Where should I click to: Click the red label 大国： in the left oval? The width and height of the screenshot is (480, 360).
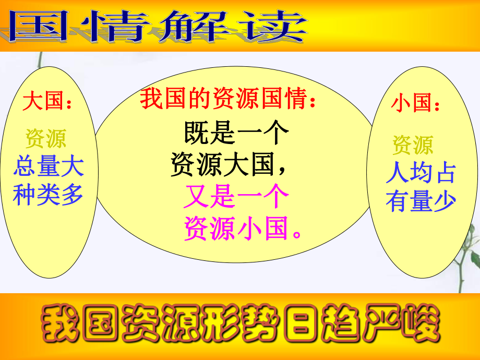[47, 102]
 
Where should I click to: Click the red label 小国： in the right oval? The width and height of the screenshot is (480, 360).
[415, 103]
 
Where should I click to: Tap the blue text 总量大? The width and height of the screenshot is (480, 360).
[49, 168]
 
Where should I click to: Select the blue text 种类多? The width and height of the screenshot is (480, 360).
[49, 195]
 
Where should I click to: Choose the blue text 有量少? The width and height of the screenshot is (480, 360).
[421, 201]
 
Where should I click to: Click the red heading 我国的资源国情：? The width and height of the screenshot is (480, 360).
[229, 99]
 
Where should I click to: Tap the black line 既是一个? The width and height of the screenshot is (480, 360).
[236, 134]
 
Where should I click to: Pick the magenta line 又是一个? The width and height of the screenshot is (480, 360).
[236, 198]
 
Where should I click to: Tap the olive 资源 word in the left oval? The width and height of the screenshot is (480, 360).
[46, 139]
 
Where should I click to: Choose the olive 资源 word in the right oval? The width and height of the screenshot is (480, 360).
[413, 146]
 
